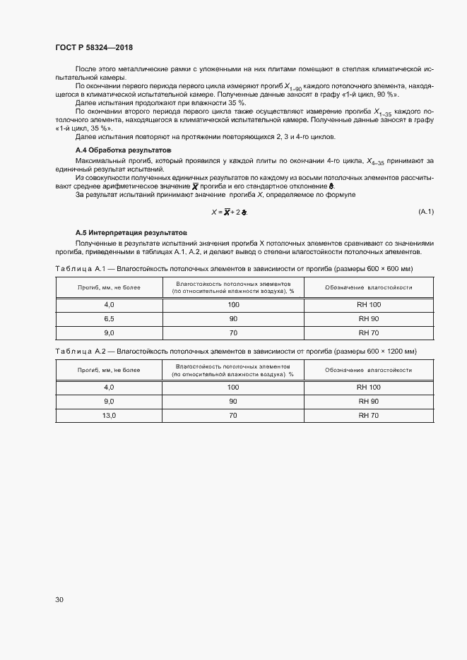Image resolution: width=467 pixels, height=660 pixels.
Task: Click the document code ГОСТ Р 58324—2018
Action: (x=94, y=48)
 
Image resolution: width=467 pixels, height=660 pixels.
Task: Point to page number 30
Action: (x=59, y=600)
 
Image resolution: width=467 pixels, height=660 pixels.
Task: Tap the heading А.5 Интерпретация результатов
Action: (x=131, y=232)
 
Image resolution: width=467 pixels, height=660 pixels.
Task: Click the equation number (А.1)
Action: (x=426, y=212)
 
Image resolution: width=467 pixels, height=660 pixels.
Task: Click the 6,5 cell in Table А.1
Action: (x=109, y=319)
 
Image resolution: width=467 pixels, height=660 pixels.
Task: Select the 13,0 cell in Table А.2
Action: (x=109, y=415)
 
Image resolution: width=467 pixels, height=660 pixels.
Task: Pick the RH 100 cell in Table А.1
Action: (x=368, y=304)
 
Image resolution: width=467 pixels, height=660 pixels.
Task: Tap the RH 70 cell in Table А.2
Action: (x=368, y=415)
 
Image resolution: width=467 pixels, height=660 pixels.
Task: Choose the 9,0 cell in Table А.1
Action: (x=109, y=332)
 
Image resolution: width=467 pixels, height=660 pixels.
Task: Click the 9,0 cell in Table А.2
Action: (x=109, y=401)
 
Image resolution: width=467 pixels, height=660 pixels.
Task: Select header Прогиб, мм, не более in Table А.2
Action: (x=109, y=370)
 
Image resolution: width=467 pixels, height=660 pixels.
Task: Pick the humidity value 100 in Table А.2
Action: (x=233, y=387)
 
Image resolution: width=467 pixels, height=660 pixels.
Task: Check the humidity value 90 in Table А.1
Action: (x=233, y=319)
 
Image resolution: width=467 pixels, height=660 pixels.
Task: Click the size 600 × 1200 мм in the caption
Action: (x=389, y=351)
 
